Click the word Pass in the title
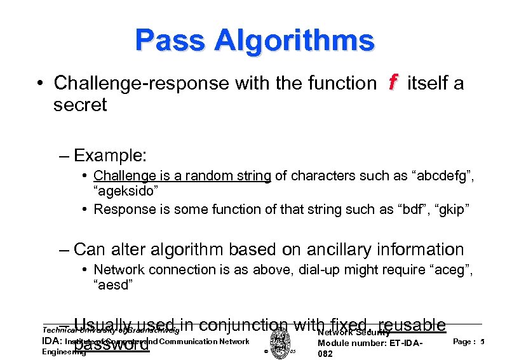[170, 41]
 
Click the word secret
[80, 105]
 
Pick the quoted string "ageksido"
[119, 191]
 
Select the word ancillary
[346, 250]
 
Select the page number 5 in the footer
[483, 342]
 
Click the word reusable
[411, 326]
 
